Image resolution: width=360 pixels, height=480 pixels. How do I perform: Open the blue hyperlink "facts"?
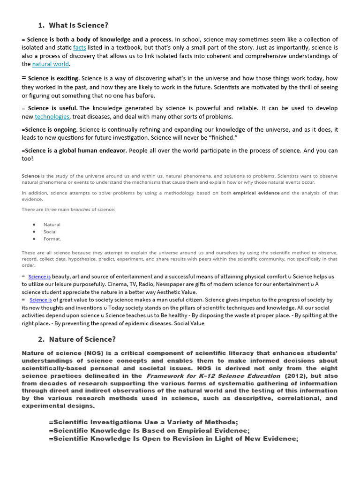[x=79, y=48]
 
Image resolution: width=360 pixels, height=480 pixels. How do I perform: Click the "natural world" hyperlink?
[x=51, y=64]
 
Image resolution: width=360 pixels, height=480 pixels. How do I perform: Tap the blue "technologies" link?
[x=52, y=116]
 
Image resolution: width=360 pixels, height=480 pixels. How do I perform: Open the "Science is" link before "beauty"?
[x=39, y=277]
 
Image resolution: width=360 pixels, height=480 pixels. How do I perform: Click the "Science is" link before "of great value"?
[x=41, y=300]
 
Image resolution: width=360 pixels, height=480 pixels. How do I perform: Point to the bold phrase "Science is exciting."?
[x=54, y=78]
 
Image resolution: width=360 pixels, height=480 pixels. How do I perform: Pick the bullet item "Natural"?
[x=52, y=225]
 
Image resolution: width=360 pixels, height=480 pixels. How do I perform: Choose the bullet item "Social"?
[x=50, y=232]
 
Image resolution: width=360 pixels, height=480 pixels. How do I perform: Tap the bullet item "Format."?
[x=52, y=239]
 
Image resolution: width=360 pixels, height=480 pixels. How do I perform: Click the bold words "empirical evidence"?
[x=256, y=193]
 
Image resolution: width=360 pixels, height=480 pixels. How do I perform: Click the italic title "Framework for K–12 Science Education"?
[x=213, y=376]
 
